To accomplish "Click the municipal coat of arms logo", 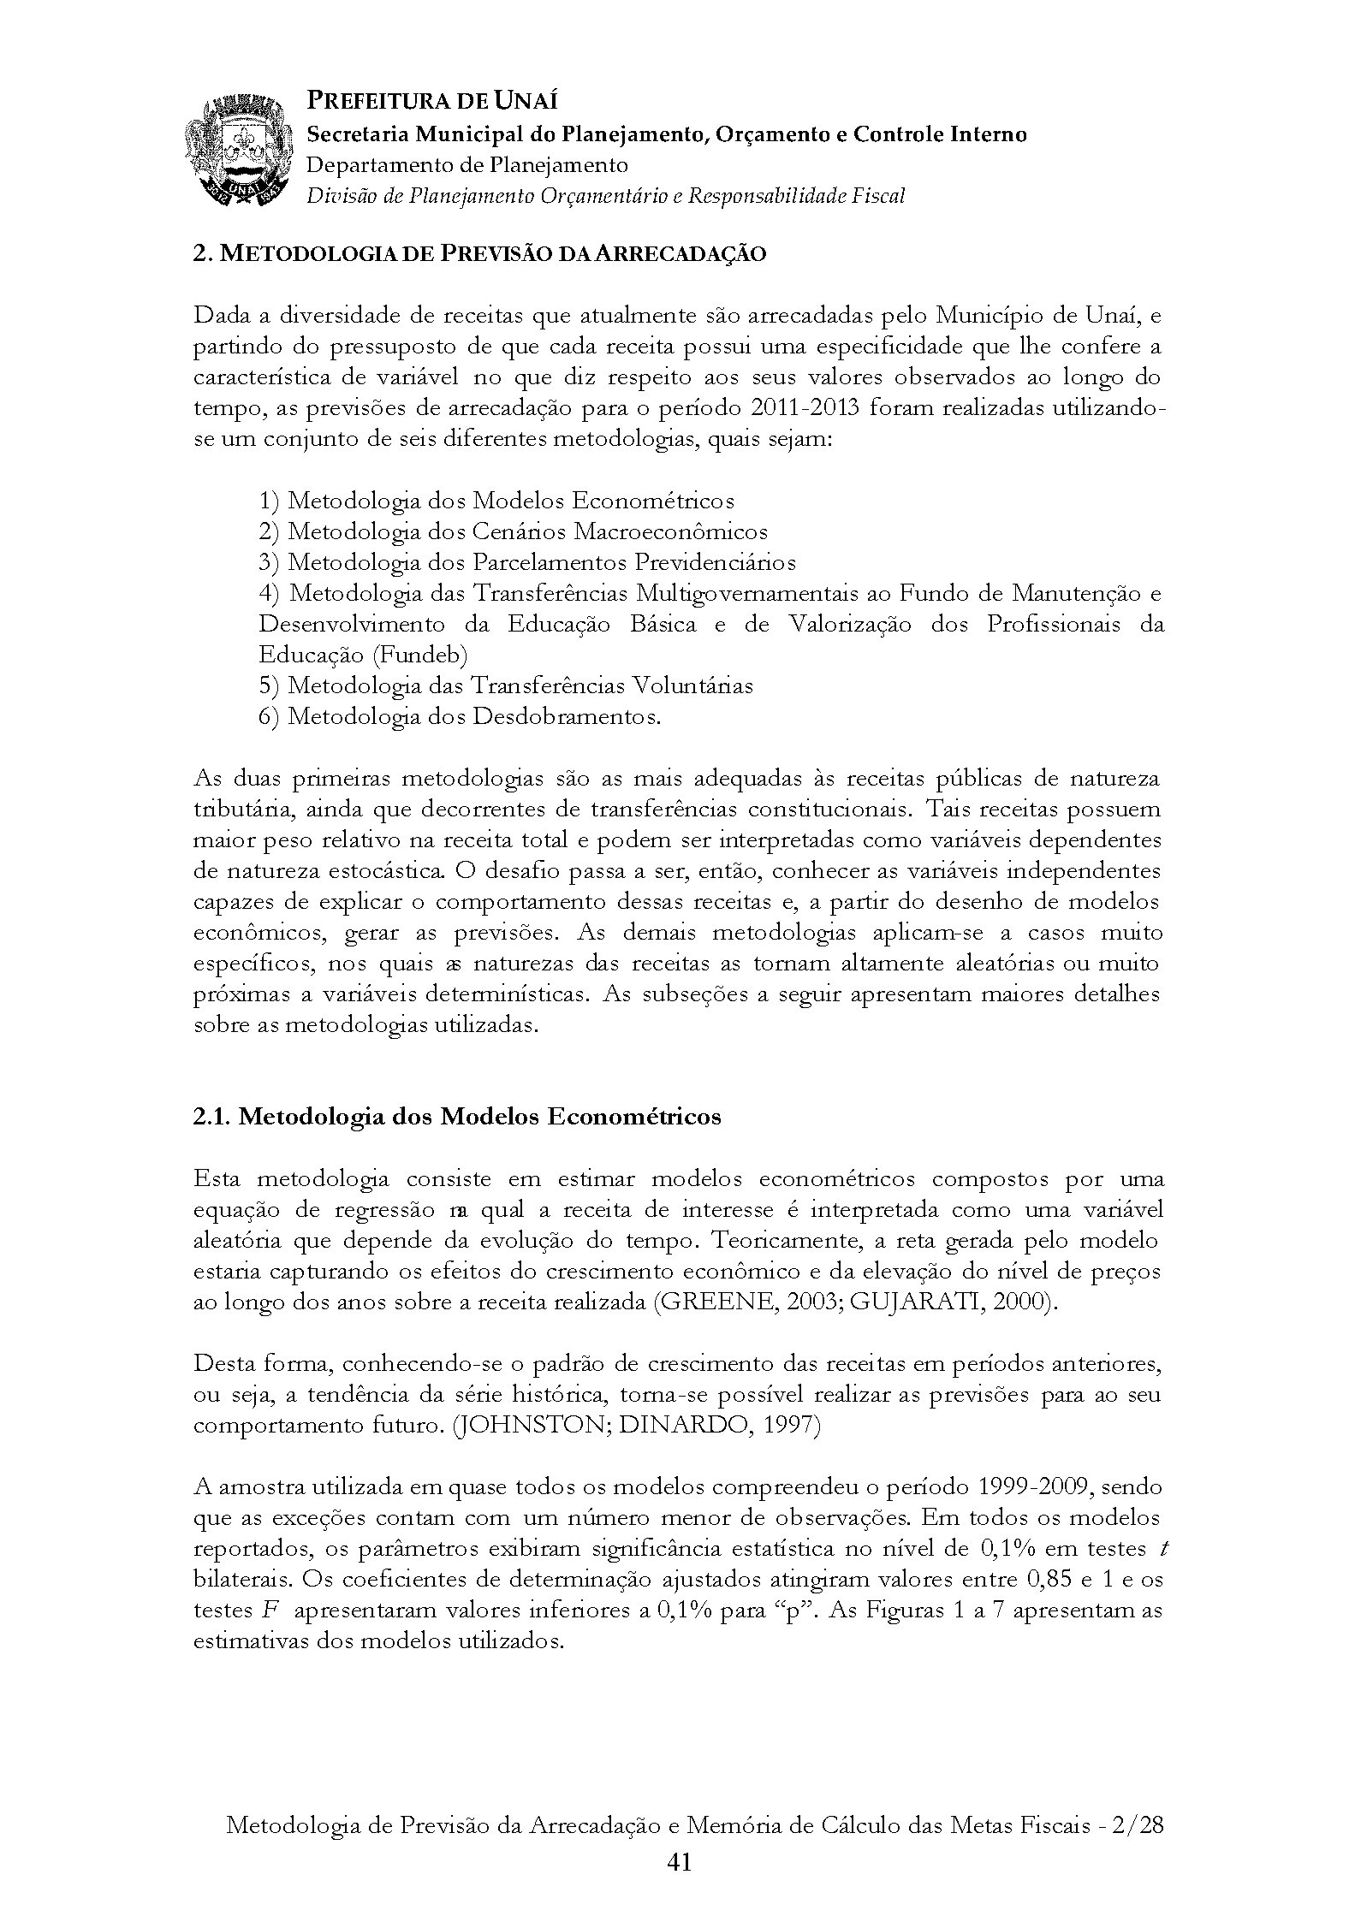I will [235, 151].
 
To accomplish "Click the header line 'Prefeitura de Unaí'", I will [432, 102].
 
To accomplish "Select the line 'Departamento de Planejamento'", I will [467, 164].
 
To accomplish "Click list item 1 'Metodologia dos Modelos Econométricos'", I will [496, 501].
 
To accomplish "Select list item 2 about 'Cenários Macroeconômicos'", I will [514, 531].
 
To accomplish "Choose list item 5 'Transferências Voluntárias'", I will [506, 685].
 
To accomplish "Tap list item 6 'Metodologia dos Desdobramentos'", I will [461, 716].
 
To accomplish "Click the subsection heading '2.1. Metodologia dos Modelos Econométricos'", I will [457, 1117].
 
